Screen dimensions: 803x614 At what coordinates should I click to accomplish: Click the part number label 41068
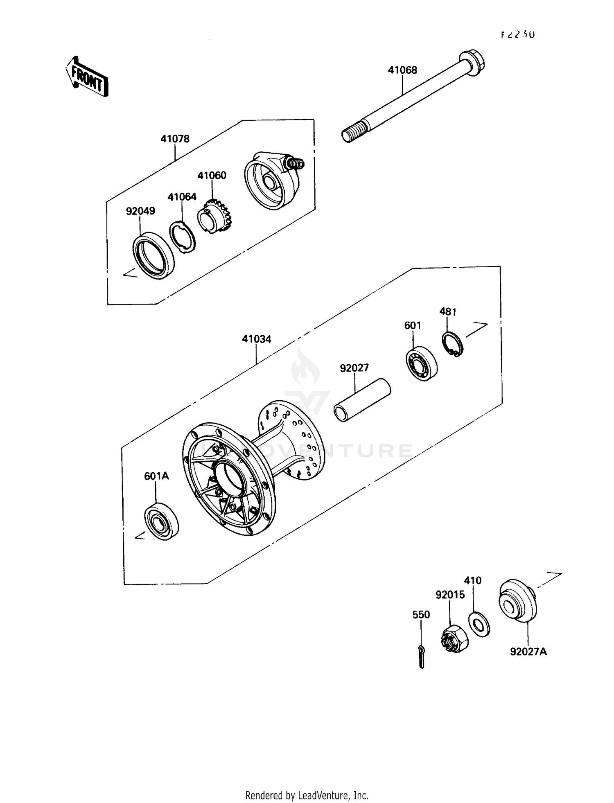402,70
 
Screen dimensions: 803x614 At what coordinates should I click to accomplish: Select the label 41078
175,139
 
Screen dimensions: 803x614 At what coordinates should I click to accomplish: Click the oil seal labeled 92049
153,256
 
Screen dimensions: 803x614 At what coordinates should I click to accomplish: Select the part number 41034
256,339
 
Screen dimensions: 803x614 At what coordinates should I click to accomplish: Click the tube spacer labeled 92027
362,400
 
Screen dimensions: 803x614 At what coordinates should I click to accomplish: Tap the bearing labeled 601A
162,521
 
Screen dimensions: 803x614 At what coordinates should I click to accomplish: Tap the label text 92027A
528,651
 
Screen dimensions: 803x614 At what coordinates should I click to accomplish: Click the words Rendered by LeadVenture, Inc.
307,795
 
